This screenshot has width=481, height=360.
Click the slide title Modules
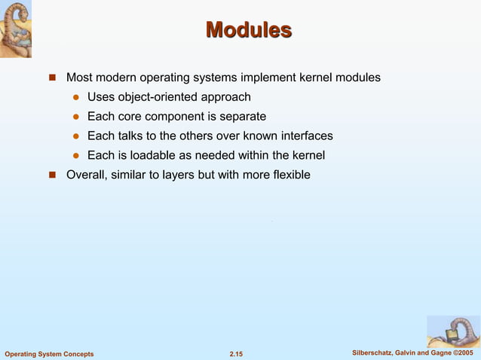[x=248, y=30]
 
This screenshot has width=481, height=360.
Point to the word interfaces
[x=307, y=136]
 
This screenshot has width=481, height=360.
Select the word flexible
[x=288, y=175]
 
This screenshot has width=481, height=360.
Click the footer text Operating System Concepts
[x=49, y=354]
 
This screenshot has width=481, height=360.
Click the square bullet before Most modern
[x=53, y=78]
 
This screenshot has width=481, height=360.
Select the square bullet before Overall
[x=53, y=175]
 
